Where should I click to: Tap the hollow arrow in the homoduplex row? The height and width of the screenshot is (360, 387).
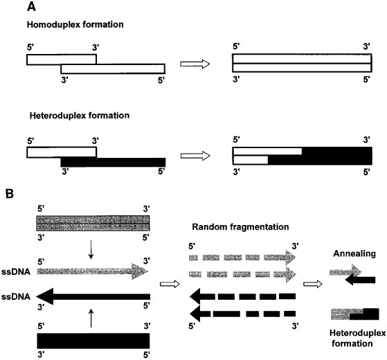pos(195,64)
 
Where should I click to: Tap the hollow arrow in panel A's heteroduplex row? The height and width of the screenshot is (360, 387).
pos(195,156)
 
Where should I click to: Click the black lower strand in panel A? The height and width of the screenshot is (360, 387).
pos(113,161)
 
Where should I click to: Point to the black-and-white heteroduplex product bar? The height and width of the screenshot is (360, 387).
pos(302,156)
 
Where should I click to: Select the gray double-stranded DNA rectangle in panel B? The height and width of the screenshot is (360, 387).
pos(92,226)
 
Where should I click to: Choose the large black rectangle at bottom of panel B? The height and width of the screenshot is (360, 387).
pos(92,340)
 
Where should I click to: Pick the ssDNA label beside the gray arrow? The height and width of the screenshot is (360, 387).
pos(13,272)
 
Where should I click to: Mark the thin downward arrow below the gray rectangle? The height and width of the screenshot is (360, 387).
pos(91,250)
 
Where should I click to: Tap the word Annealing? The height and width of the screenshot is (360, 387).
pos(354,254)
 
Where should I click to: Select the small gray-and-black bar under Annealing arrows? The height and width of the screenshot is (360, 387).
pos(355,313)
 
